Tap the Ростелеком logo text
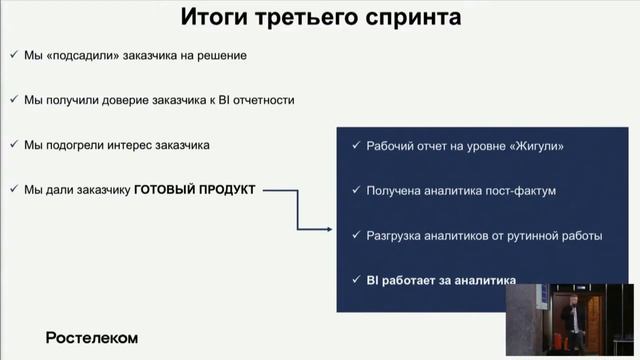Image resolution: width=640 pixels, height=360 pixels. tap(91, 337)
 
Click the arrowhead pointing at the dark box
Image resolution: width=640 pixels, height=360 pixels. tap(327, 229)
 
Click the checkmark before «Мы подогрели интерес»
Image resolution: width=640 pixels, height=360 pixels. tap(11, 145)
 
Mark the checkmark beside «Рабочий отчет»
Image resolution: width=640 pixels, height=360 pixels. tap(357, 146)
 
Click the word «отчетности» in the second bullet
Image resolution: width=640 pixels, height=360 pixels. tap(263, 100)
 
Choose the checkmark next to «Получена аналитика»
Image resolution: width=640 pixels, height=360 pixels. tap(357, 191)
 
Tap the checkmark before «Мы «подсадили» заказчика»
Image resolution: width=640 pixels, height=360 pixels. tap(11, 55)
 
